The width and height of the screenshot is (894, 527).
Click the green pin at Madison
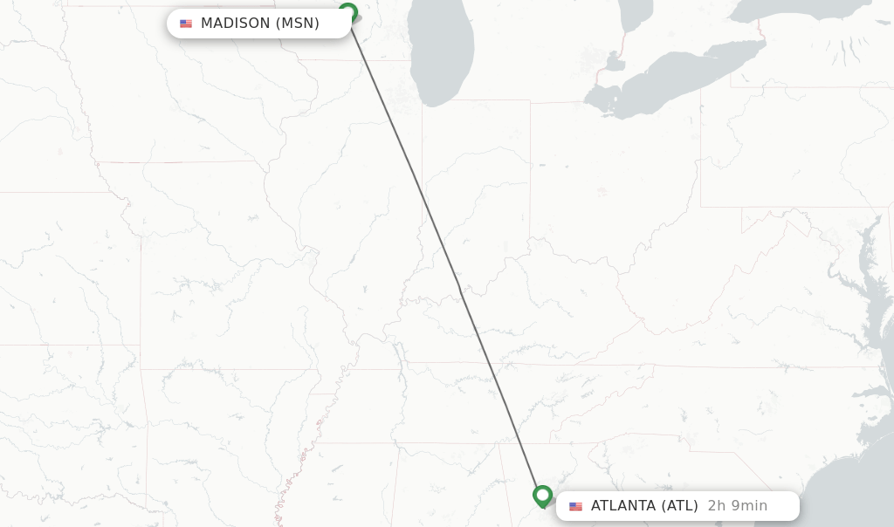pyautogui.click(x=347, y=12)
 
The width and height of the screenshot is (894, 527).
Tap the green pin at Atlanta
pyautogui.click(x=542, y=496)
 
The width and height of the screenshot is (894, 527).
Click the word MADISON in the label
pyautogui.click(x=236, y=24)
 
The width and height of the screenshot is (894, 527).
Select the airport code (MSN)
pyautogui.click(x=298, y=24)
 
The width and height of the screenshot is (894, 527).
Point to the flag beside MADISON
pyautogui.click(x=186, y=24)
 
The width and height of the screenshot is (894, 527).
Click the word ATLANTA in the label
pyautogui.click(x=623, y=506)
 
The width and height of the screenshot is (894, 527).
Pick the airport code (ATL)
pyautogui.click(x=679, y=506)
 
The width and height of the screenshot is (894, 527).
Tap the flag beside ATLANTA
pyautogui.click(x=575, y=506)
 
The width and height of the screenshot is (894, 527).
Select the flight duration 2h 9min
pyautogui.click(x=738, y=506)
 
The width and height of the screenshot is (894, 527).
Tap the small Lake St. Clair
pyautogui.click(x=615, y=63)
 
